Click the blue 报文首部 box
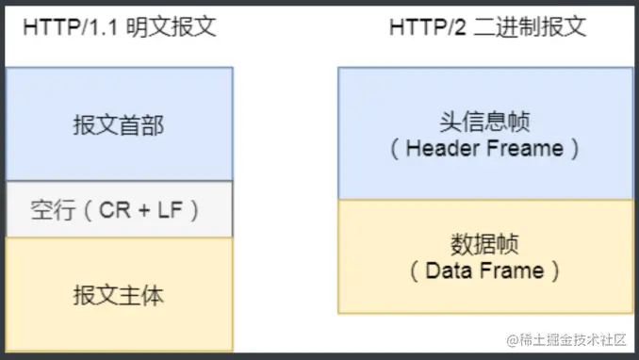[x=118, y=123]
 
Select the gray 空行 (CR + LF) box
[x=118, y=209]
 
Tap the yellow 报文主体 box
[x=118, y=294]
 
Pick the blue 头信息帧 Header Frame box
[x=484, y=133]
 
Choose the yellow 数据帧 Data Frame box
[x=484, y=255]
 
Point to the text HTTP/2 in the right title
[x=422, y=27]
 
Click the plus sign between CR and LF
[x=143, y=210]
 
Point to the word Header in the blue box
[x=442, y=149]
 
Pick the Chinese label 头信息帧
[x=484, y=122]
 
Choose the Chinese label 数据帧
[x=484, y=244]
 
